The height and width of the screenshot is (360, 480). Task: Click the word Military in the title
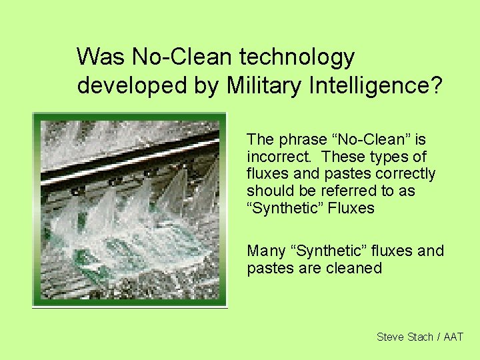[x=261, y=86]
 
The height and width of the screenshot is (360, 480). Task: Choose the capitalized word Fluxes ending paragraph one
[x=352, y=209]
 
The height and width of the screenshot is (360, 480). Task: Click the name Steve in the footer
[x=391, y=337]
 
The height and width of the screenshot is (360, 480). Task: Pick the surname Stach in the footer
[x=420, y=337]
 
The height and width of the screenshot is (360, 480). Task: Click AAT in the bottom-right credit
[x=453, y=337]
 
